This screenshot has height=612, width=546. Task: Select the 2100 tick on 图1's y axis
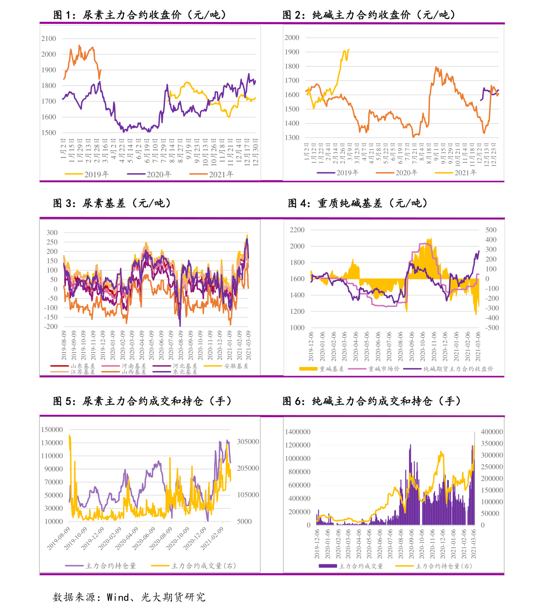[49, 38]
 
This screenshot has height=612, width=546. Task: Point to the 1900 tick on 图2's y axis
[292, 52]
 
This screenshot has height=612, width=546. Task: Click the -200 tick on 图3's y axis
[51, 327]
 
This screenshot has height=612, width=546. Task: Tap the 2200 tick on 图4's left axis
[297, 230]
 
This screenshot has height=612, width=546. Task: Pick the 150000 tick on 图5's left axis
[52, 430]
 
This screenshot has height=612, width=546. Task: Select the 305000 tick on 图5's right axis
[248, 442]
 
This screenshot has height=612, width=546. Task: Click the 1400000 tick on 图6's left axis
[298, 432]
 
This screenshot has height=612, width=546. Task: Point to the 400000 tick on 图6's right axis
[491, 432]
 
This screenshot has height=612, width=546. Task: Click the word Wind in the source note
[118, 597]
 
